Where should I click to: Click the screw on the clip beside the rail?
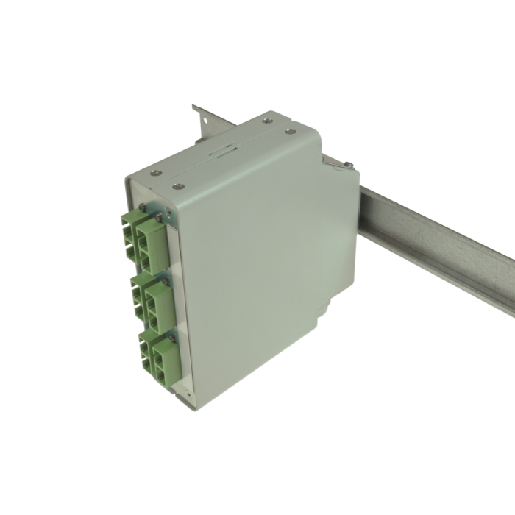pyautogui.click(x=345, y=165)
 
